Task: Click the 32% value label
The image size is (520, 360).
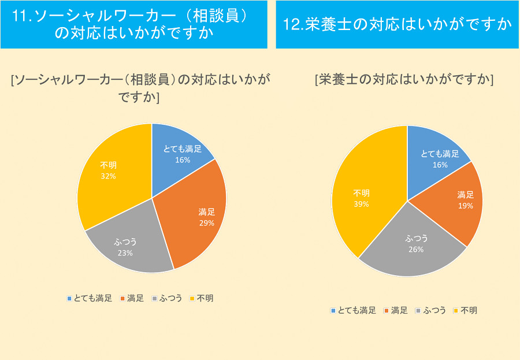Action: pyautogui.click(x=108, y=176)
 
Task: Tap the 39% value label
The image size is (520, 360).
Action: pyautogui.click(x=361, y=204)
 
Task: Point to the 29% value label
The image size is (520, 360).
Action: pyautogui.click(x=206, y=223)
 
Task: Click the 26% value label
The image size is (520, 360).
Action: pyautogui.click(x=415, y=250)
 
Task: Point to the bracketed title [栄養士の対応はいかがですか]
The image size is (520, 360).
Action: pyautogui.click(x=404, y=80)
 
